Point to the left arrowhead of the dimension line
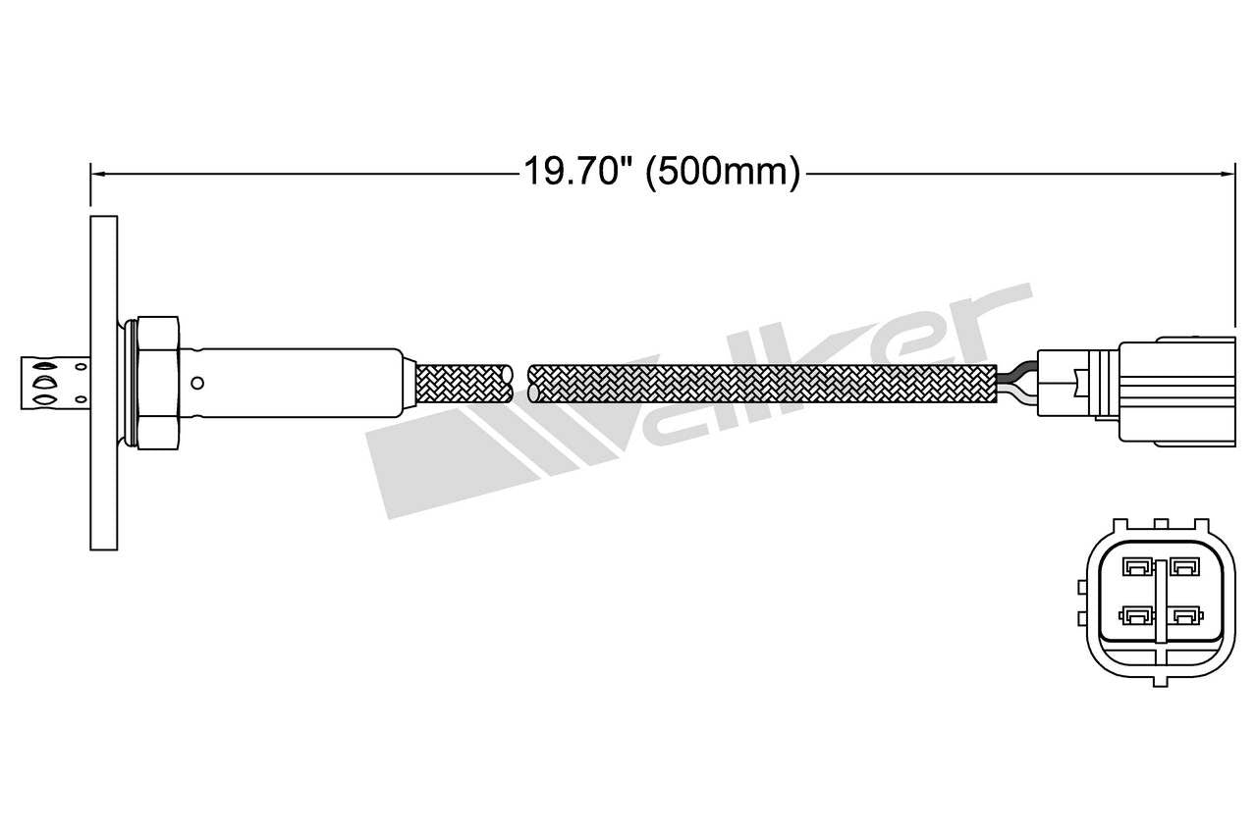(x=95, y=174)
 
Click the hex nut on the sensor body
(x=158, y=383)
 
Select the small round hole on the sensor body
(x=197, y=383)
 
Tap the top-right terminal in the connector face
(x=1185, y=566)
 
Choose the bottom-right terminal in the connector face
(x=1185, y=616)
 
